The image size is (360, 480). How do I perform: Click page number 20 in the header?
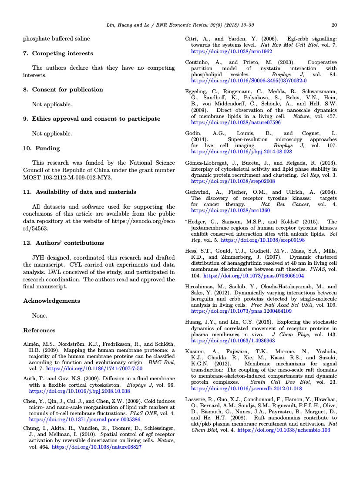click(334, 25)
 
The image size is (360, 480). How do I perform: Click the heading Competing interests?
click(62, 54)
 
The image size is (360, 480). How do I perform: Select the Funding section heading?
click(47, 148)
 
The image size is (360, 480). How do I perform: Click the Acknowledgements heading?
click(51, 301)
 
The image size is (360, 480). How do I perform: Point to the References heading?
click(39, 330)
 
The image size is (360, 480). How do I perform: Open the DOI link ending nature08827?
click(96, 447)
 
